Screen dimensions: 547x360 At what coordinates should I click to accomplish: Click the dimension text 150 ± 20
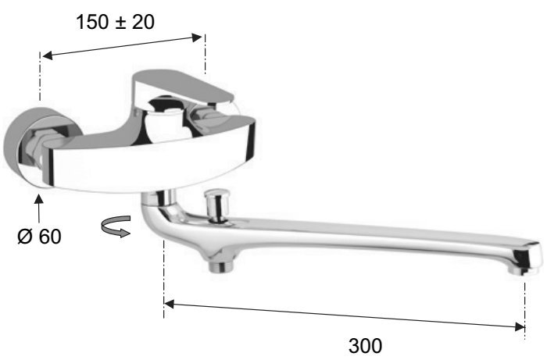[115, 22]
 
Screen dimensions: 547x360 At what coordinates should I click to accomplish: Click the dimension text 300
[365, 346]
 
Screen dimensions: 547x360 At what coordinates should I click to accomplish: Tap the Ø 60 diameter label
[39, 237]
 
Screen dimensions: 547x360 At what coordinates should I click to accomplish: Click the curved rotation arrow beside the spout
[116, 226]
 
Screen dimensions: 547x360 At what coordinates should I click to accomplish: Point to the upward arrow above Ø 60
[39, 209]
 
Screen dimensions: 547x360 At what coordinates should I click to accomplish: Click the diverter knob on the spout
[216, 205]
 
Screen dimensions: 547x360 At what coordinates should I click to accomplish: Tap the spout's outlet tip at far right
[525, 258]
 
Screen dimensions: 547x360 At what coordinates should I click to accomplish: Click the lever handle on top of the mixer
[182, 87]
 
